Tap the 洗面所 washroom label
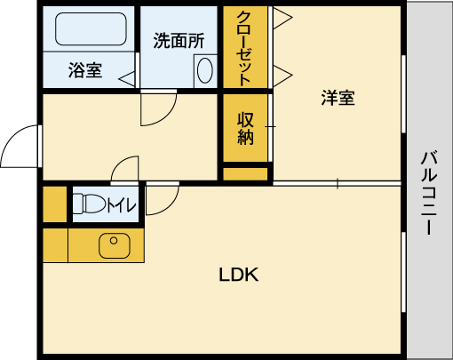pos(179,40)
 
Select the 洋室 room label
pos(338,98)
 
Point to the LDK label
pos(238,275)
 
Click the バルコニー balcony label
pos(429,192)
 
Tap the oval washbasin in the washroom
pos(203,70)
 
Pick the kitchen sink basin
pos(113,244)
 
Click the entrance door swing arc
pos(20,147)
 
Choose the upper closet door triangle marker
pos(282,17)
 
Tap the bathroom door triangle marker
pos(130,78)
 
